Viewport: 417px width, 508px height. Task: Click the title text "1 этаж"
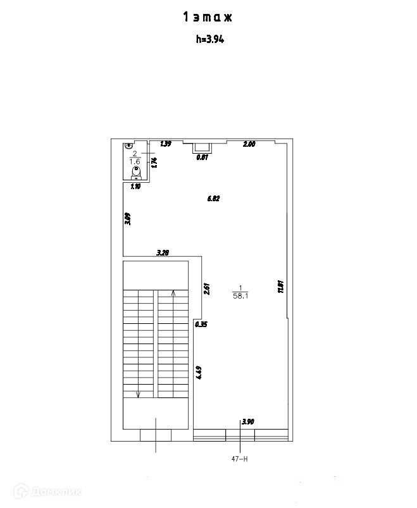click(208, 18)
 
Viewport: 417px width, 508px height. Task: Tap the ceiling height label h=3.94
click(208, 39)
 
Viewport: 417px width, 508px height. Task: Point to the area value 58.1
click(241, 295)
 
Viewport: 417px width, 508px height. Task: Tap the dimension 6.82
click(213, 199)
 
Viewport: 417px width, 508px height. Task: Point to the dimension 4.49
click(199, 373)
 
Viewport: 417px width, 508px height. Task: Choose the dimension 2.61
click(207, 288)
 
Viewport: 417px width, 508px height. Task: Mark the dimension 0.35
click(201, 325)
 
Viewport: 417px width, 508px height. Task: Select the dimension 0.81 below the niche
click(202, 158)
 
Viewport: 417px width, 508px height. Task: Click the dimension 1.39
click(166, 144)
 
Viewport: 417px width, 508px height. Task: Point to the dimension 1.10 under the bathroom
click(135, 187)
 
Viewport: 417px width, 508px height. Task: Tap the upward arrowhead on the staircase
click(173, 293)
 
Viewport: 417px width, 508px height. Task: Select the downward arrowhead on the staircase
click(139, 395)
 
